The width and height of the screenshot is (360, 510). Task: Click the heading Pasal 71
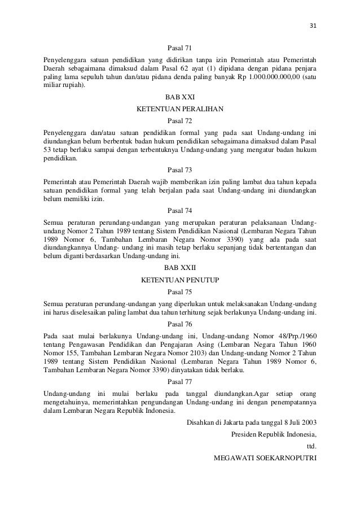(180, 49)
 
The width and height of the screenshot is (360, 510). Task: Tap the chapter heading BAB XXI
(180, 97)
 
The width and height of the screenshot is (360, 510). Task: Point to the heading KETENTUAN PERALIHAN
(180, 108)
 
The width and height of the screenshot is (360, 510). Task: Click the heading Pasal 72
(180, 120)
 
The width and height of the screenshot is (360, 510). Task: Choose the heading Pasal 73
(180, 169)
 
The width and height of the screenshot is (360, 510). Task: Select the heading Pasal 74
(180, 211)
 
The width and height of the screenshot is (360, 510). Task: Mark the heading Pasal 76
(180, 325)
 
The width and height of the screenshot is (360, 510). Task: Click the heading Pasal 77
(180, 381)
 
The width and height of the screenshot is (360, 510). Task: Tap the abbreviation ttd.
(311, 446)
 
